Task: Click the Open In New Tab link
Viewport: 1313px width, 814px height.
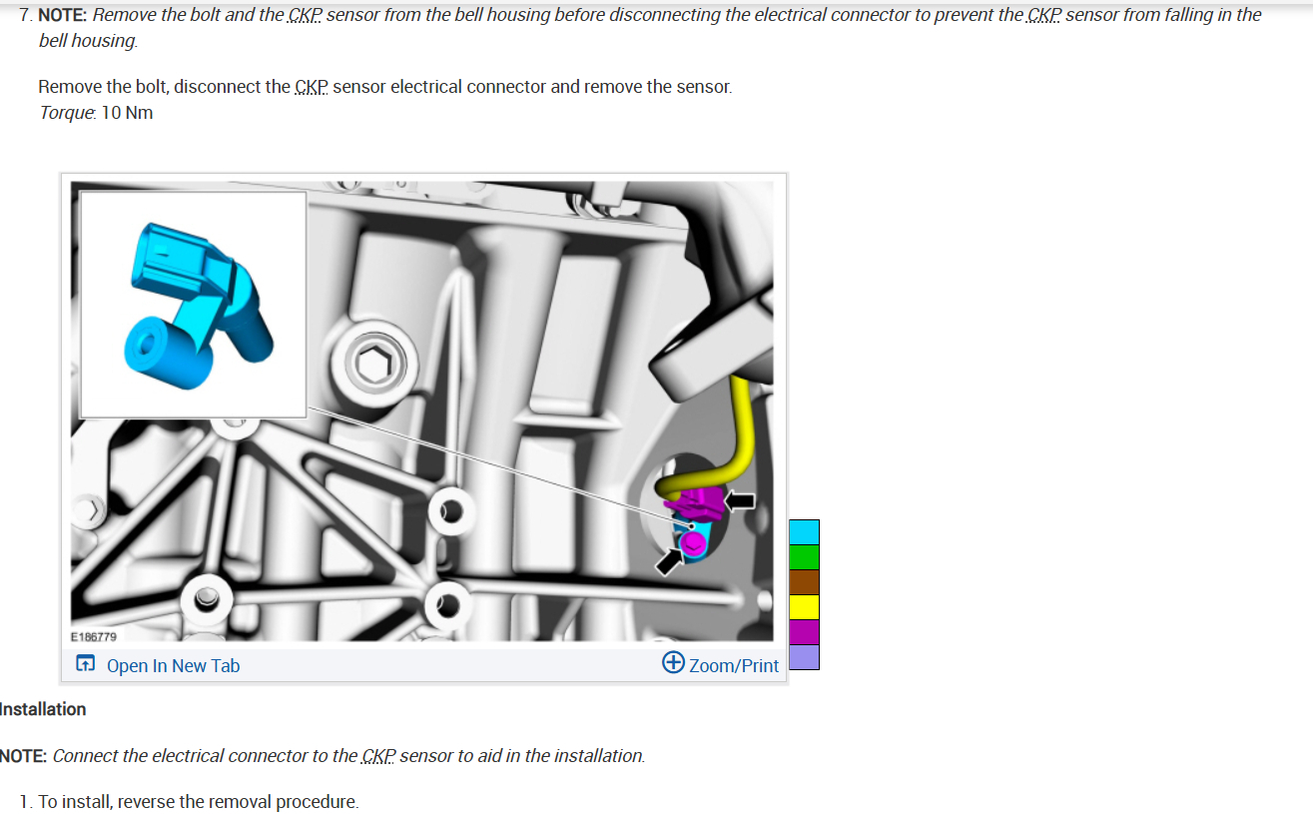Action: point(173,665)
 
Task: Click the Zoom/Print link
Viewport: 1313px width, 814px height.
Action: point(733,665)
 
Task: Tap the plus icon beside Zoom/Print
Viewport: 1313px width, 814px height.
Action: point(673,663)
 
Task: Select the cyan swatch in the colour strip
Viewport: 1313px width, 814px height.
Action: point(804,532)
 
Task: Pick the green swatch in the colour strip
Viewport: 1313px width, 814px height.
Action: point(804,557)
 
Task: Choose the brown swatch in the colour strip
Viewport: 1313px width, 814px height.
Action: point(804,582)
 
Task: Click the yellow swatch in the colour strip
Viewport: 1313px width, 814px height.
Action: point(804,607)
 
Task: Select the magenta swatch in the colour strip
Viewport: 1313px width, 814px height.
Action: point(804,632)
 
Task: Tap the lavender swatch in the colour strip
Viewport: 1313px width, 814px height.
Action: point(804,657)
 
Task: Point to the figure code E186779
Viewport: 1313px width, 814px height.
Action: point(94,636)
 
